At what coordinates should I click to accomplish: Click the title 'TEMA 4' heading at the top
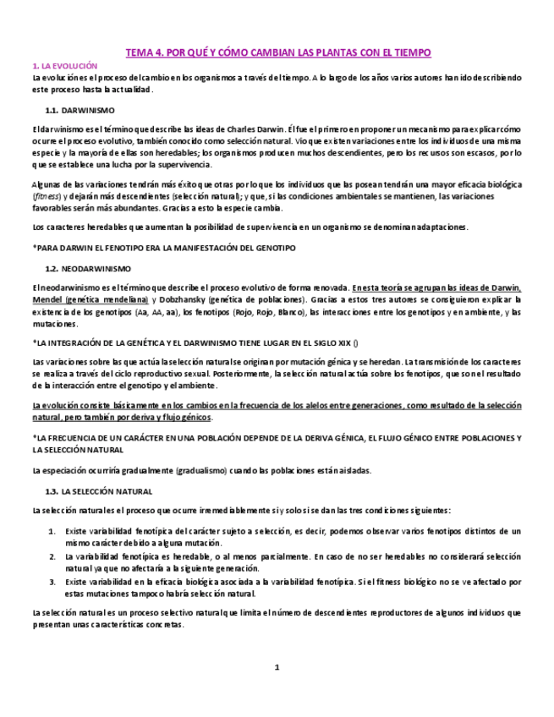[x=278, y=52]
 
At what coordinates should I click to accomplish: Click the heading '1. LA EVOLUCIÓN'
[x=64, y=66]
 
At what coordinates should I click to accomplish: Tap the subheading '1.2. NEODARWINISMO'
[x=87, y=268]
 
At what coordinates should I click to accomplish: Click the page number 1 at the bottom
[x=276, y=668]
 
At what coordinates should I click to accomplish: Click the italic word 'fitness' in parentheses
[x=44, y=195]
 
